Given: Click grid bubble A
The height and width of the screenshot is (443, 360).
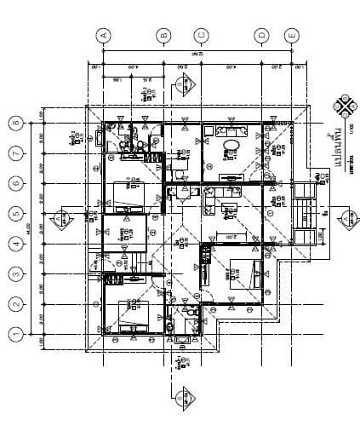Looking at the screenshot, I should [104, 35].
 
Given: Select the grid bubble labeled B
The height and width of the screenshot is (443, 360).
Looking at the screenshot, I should [164, 35].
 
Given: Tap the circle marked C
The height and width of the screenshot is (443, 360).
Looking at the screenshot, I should [201, 35].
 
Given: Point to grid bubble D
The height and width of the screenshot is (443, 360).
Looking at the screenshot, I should [261, 35].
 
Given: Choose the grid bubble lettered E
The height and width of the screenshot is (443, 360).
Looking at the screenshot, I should [292, 35].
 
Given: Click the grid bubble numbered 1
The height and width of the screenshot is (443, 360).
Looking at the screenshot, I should [15, 334].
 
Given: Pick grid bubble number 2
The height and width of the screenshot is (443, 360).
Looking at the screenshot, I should [15, 304].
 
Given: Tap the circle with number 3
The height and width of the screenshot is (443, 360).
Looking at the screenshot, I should [15, 274].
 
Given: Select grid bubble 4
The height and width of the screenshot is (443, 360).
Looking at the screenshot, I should [15, 245].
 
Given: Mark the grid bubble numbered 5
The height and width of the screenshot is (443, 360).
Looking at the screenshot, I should [15, 214].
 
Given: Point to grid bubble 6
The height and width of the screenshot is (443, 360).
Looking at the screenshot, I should [15, 184].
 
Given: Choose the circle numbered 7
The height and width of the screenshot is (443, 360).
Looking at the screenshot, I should [15, 153].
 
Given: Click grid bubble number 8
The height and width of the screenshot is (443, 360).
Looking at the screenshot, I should [15, 124].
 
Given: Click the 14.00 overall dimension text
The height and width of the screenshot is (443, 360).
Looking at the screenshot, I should [31, 228].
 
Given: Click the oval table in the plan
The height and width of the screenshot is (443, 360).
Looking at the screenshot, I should [228, 150].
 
